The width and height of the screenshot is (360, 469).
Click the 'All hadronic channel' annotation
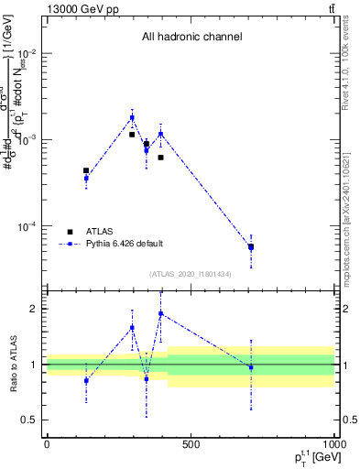191,37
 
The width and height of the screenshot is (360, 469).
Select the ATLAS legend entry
99,232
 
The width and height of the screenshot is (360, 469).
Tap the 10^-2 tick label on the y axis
27,53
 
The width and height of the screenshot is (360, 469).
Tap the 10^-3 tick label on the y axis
27,139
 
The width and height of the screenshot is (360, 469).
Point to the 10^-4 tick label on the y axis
27,226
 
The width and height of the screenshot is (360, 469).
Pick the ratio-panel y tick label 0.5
29,420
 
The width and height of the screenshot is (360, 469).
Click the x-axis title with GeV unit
311,457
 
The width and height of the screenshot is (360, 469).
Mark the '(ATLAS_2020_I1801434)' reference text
191,274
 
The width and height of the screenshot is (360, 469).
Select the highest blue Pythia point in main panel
132,117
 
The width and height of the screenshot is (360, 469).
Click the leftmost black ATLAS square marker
86,170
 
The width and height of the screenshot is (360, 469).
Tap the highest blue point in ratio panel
161,313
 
